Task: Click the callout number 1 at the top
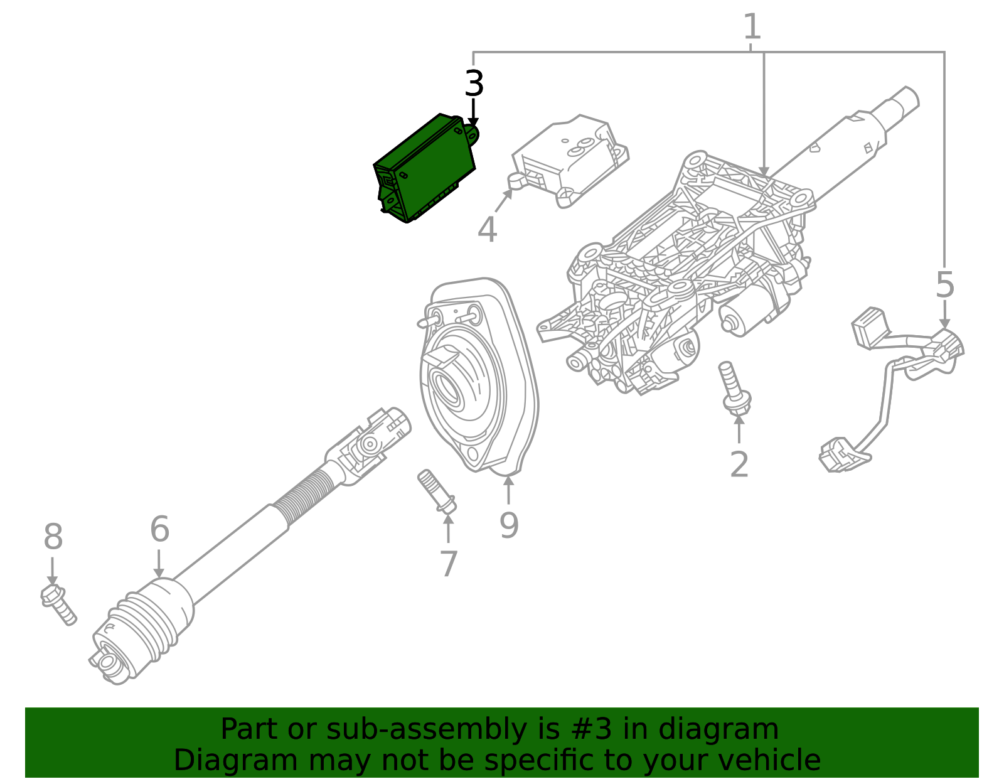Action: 751,28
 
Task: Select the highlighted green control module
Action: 425,168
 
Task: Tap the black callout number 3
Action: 474,84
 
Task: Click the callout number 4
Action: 487,229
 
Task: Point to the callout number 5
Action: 944,286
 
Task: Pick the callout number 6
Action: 159,529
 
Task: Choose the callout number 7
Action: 448,564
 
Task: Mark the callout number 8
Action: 53,537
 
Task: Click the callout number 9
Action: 509,525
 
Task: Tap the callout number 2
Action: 739,465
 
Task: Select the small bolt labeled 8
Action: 58,603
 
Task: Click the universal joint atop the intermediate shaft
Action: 370,443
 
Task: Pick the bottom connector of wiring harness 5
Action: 838,454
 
